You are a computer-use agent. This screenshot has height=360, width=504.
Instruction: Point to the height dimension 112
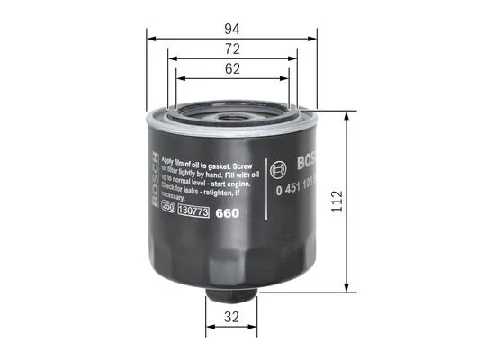tap(362, 202)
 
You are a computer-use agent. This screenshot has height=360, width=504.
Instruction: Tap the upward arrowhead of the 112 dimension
tap(347, 116)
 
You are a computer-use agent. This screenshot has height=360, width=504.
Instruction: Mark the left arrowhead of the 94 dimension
tap(150, 39)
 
